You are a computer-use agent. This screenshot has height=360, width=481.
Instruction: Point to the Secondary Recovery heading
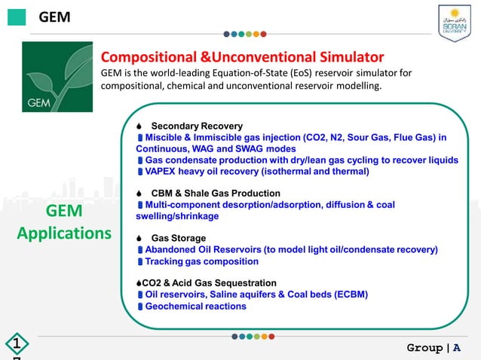tap(197, 125)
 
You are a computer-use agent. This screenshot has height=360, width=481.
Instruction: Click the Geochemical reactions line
tap(195, 307)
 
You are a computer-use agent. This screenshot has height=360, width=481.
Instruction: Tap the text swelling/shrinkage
tap(172, 216)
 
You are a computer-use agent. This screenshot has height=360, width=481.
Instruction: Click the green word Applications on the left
tap(64, 233)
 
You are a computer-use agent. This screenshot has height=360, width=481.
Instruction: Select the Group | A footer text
tap(434, 347)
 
